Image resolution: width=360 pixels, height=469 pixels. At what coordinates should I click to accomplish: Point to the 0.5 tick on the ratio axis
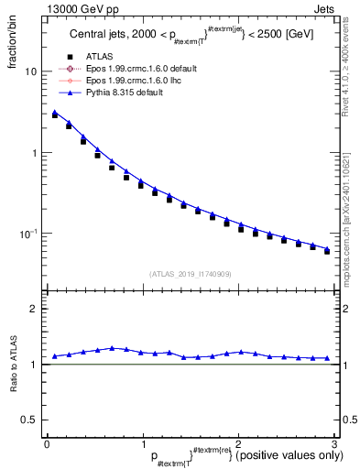(30, 420)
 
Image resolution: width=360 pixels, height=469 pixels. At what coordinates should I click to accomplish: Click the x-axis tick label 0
(46, 443)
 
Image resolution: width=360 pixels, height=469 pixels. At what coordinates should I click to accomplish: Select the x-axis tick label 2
(238, 443)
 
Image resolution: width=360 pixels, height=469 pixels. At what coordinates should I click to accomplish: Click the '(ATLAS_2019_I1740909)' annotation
(189, 274)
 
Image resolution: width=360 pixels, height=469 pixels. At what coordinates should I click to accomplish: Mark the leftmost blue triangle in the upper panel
(55, 113)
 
